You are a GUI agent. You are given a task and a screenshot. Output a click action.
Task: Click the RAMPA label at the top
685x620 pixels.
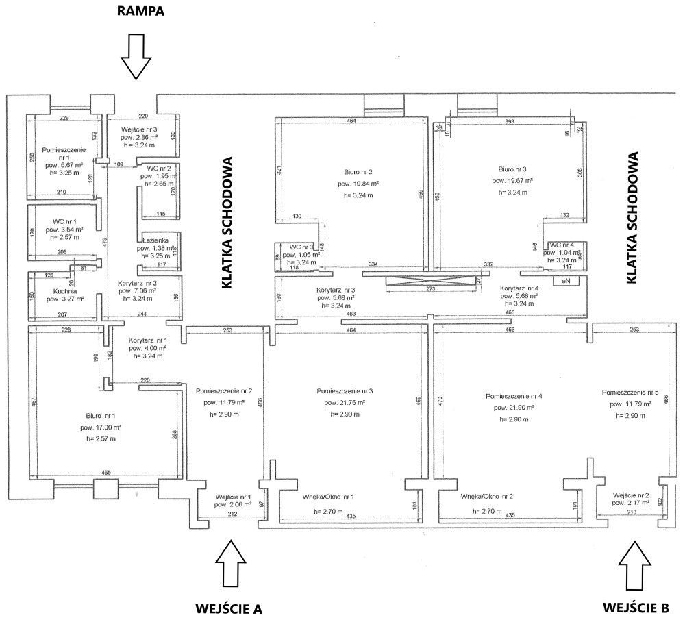[140, 12]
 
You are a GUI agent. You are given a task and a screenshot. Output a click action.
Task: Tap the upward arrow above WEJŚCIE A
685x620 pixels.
[233, 562]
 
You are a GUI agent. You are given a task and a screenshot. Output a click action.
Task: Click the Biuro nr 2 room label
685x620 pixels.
[358, 172]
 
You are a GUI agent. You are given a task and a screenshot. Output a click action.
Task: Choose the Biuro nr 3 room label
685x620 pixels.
[512, 168]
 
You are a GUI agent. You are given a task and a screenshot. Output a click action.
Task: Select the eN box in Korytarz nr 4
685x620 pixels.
[566, 281]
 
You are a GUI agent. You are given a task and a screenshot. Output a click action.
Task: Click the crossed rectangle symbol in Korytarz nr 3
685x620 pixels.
[428, 282]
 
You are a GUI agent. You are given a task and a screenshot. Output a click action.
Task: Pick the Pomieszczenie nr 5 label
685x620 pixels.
[630, 393]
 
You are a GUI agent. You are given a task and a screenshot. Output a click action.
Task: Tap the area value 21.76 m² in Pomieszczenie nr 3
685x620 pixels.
[344, 402]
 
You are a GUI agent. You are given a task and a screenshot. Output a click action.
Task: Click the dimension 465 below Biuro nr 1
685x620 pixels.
[106, 473]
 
